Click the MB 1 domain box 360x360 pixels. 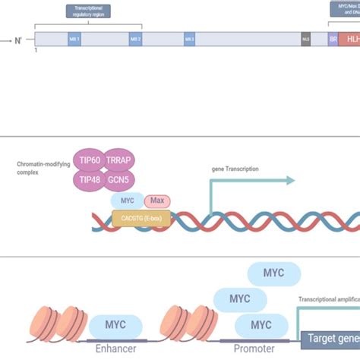[74, 39]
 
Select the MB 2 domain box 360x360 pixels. [135, 39]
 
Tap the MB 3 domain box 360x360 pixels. [189, 39]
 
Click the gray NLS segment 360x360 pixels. [306, 39]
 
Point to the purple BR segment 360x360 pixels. [333, 39]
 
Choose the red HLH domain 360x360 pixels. [350, 39]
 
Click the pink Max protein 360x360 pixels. [157, 201]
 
